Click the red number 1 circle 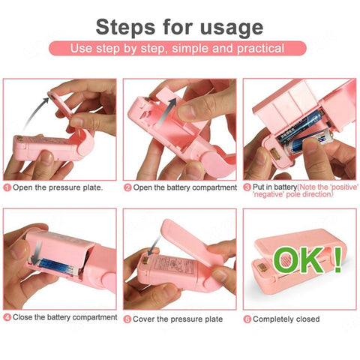point(7,187)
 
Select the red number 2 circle point(127,187)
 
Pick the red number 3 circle point(247,187)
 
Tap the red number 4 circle point(7,318)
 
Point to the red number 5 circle point(127,319)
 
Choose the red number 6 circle point(247,319)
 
